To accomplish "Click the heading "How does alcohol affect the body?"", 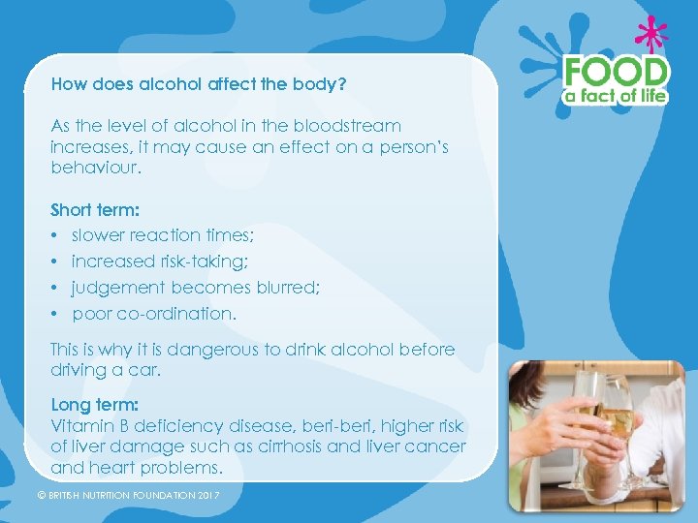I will tap(199, 84).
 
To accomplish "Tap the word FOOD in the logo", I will tap(617, 72).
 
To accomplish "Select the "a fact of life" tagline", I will tap(618, 95).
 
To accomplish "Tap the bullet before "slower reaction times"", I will tap(55, 235).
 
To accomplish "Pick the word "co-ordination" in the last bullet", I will tap(181, 314).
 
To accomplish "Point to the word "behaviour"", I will tap(95, 169).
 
